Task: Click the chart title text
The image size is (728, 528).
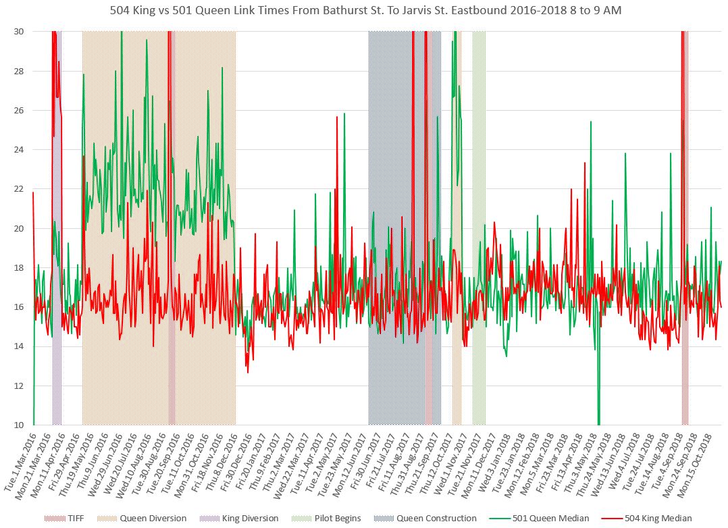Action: (x=364, y=10)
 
